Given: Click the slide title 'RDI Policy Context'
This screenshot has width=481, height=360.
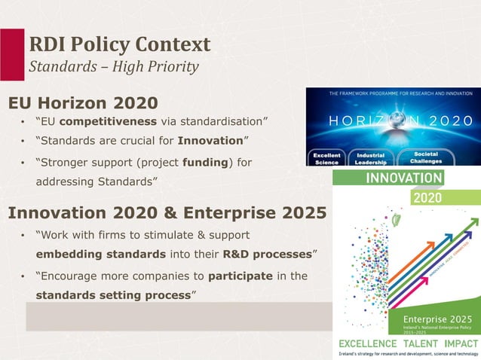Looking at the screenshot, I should click(x=119, y=44).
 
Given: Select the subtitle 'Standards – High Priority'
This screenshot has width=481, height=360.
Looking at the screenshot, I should click(x=113, y=67).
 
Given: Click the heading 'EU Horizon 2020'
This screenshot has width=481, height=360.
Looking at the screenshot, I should click(x=83, y=102).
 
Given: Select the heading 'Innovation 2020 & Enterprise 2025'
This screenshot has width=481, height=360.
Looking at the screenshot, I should click(x=167, y=212).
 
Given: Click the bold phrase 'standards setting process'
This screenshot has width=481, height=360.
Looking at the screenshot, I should click(x=113, y=295).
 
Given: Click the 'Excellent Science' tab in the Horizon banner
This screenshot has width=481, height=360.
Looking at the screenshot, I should click(x=327, y=158).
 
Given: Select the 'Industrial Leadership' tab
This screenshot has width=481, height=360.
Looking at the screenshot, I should click(x=371, y=158).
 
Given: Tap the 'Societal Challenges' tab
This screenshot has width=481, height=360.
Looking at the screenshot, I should click(x=426, y=157).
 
